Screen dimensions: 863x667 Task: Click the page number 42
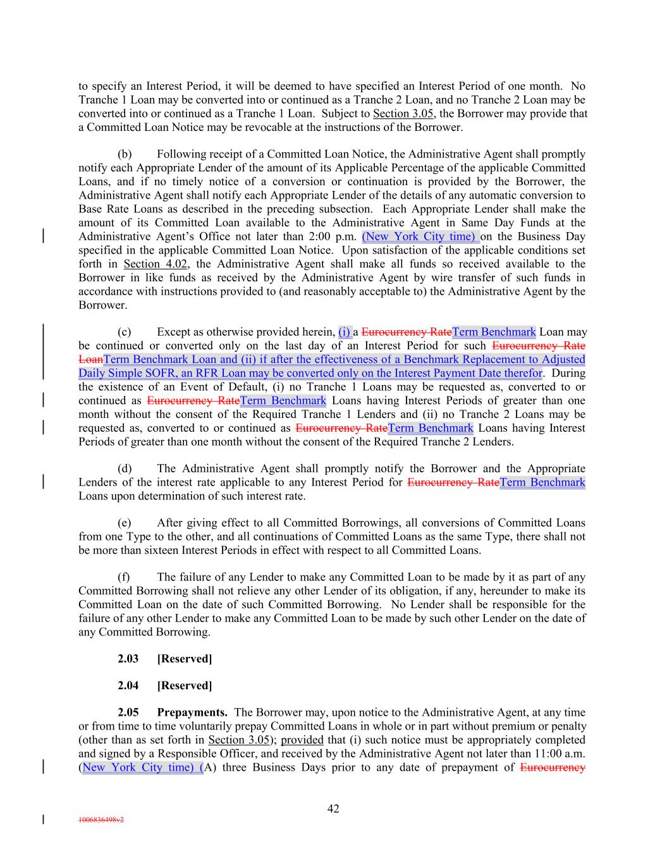point(333,809)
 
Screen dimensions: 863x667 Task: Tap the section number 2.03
point(128,659)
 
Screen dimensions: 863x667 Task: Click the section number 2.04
point(128,686)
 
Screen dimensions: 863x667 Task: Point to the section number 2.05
point(128,713)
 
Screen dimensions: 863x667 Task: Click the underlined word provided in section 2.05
point(302,740)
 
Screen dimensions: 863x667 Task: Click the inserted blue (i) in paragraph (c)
point(345,332)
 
